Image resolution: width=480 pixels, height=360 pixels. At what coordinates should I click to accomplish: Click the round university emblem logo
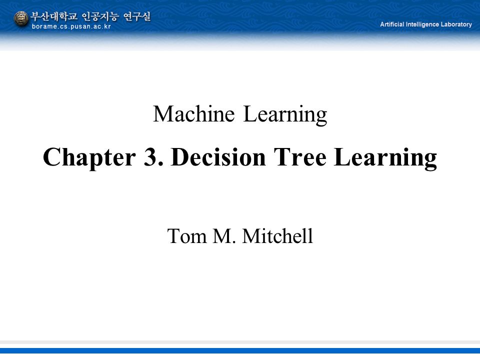21,18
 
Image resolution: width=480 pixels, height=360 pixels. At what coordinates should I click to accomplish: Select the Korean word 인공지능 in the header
100,16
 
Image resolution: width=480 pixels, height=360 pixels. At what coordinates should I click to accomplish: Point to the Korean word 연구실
137,16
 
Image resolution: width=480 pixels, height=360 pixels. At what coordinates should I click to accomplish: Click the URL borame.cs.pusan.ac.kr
71,26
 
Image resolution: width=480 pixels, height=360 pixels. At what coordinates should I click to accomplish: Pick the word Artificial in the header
392,24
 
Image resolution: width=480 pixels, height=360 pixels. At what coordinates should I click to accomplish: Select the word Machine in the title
194,114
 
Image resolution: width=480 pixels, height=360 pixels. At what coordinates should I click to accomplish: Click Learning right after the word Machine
285,115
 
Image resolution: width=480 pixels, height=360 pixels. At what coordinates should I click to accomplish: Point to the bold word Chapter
89,157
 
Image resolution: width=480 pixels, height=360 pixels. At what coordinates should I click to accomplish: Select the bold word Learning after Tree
385,158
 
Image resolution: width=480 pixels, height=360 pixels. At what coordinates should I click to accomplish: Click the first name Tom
186,236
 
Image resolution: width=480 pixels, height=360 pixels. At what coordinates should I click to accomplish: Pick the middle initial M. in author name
224,236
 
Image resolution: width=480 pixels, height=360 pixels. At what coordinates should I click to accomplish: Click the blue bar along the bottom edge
240,351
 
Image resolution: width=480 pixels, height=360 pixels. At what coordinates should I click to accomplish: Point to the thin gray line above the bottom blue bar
240,342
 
